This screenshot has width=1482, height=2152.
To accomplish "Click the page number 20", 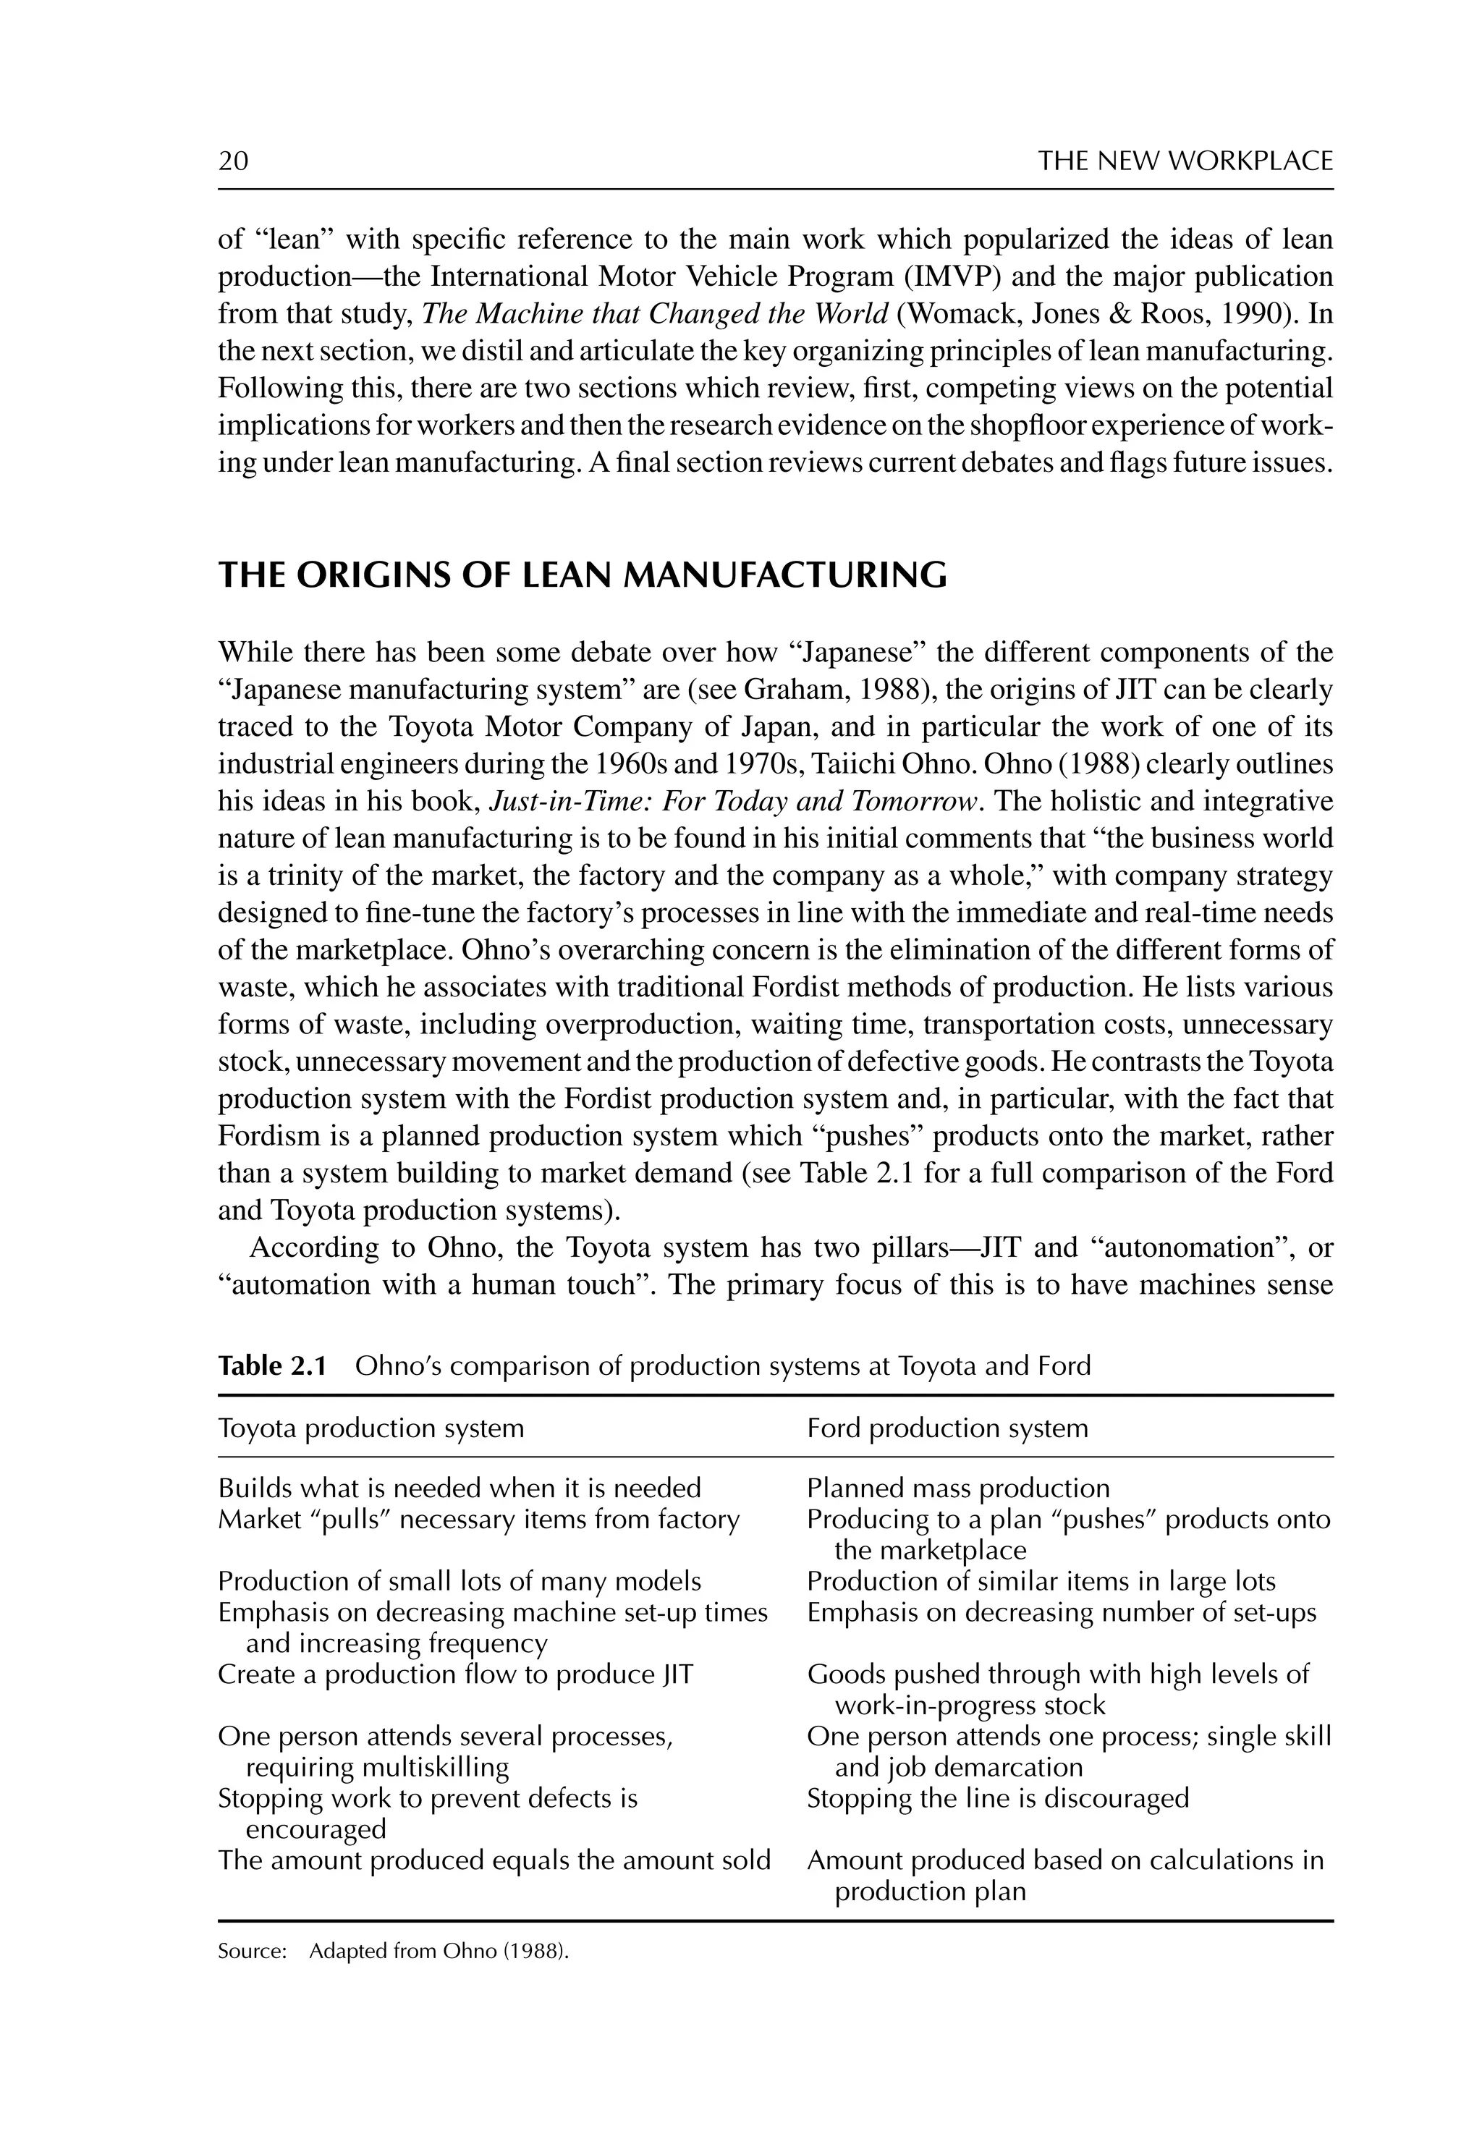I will tap(233, 161).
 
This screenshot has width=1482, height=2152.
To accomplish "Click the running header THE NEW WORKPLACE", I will tap(1185, 161).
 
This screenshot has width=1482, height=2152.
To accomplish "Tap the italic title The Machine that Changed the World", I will tap(656, 314).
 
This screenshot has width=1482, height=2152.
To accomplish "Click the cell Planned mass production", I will tap(958, 1488).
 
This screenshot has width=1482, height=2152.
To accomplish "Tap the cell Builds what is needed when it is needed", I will tap(459, 1488).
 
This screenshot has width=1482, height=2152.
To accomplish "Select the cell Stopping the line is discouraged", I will tap(997, 1798).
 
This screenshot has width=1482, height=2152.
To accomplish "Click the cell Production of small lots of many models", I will tap(459, 1581).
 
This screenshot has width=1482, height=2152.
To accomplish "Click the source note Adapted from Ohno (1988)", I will tap(439, 1952).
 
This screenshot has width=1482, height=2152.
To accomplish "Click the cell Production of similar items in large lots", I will tap(1041, 1581).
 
